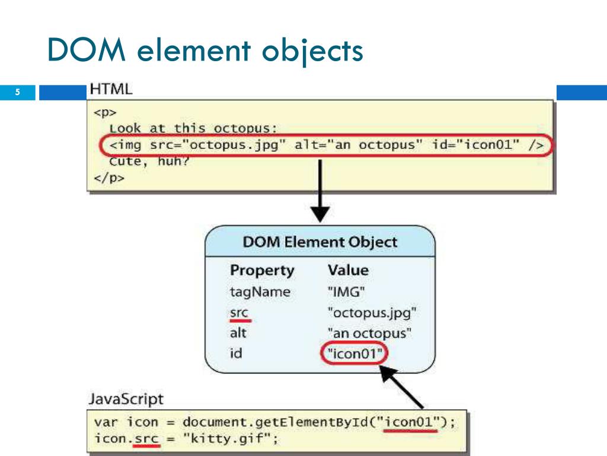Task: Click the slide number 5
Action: point(18,92)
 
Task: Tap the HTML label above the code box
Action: point(111,89)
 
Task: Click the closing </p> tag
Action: point(109,178)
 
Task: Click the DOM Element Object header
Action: point(320,242)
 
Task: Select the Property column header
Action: point(261,270)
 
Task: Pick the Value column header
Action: point(348,270)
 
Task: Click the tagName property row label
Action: point(260,292)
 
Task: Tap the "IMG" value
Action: point(346,292)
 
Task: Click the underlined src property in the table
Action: point(239,312)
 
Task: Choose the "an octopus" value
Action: point(369,333)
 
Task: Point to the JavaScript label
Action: point(125,399)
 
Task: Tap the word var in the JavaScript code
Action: point(107,423)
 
